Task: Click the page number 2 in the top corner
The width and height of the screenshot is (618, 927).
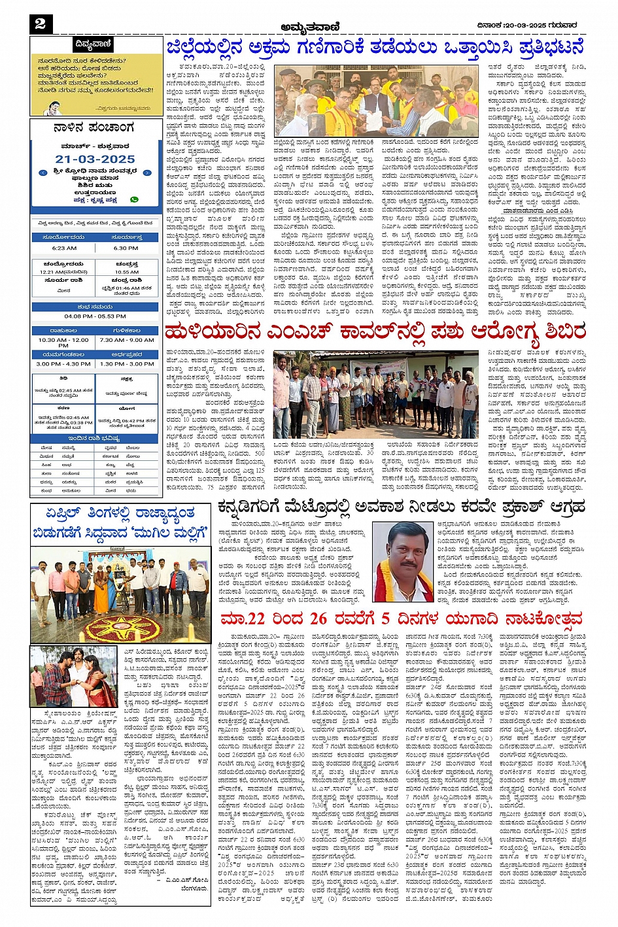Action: (x=41, y=24)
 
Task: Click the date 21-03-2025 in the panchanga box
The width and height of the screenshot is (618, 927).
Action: (x=95, y=159)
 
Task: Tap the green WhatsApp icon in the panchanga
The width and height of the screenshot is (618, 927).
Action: (x=134, y=199)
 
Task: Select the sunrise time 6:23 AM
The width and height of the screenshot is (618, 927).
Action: (x=63, y=248)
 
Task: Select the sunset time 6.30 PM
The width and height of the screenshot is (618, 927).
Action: (x=126, y=248)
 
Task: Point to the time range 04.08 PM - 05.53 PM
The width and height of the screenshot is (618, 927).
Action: (x=95, y=316)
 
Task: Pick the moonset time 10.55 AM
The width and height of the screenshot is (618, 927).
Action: (x=127, y=272)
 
